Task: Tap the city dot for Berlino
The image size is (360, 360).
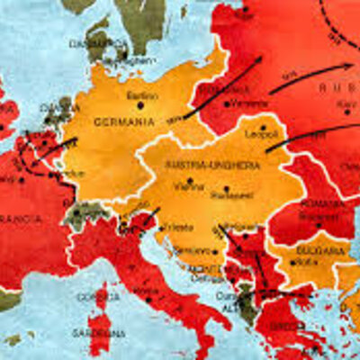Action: pyautogui.click(x=140, y=104)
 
